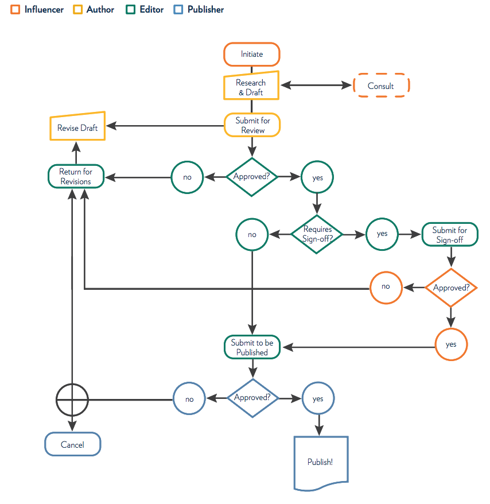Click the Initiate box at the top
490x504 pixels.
click(251, 55)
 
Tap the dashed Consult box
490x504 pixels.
click(381, 86)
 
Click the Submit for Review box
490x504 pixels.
click(252, 125)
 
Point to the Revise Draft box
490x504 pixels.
click(77, 127)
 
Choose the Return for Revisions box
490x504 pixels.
click(76, 177)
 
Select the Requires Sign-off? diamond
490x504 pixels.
click(317, 234)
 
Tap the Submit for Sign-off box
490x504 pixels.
click(449, 234)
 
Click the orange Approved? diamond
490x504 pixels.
click(451, 288)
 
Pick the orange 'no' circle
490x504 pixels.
click(386, 286)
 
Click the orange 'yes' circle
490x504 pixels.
click(451, 344)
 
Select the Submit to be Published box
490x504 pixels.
click(252, 347)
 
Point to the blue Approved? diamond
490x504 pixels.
click(252, 398)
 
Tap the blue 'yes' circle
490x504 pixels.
click(318, 398)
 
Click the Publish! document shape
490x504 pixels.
click(321, 462)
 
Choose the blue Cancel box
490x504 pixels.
click(73, 444)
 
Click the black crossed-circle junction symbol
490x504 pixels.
click(72, 399)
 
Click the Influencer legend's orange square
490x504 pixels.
click(15, 10)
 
